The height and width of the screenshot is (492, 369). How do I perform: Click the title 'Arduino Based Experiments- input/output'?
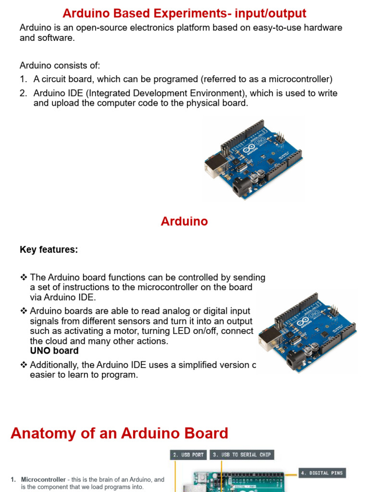click(x=184, y=13)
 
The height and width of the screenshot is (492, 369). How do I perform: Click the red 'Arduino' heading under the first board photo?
click(x=184, y=221)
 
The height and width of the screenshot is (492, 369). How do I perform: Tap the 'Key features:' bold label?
click(x=49, y=250)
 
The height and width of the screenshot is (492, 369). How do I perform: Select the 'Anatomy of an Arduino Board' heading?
click(x=119, y=433)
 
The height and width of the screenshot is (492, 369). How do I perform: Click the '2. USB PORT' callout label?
click(x=188, y=455)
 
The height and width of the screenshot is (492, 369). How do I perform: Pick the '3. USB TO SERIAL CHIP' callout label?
click(x=242, y=455)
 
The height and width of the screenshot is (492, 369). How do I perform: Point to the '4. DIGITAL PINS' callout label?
click(x=321, y=473)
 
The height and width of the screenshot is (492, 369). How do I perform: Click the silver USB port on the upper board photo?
click(x=213, y=165)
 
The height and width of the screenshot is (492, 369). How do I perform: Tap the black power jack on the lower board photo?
click(x=295, y=359)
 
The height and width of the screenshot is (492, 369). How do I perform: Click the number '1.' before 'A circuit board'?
click(x=24, y=79)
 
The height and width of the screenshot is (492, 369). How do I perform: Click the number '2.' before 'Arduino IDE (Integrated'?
click(x=24, y=93)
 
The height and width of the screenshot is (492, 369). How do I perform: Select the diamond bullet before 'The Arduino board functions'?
click(x=24, y=278)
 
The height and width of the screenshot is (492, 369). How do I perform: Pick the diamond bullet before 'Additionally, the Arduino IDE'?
click(x=24, y=365)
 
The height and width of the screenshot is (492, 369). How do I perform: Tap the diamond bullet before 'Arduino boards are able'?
click(x=24, y=311)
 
